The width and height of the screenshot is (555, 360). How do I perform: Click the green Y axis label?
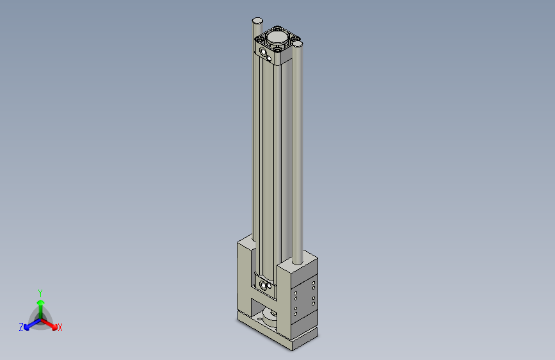click(x=40, y=292)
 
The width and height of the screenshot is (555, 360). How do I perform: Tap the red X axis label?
click(x=60, y=328)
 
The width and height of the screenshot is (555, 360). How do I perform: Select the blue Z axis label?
click(x=21, y=327)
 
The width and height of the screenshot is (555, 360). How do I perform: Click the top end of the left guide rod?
click(x=257, y=21)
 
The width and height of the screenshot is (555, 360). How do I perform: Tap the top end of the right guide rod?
click(x=298, y=44)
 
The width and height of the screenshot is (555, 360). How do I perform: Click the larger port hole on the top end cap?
click(x=264, y=51)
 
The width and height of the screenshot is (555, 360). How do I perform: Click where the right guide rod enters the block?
click(x=298, y=263)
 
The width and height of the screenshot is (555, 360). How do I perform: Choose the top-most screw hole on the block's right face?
click(x=314, y=282)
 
